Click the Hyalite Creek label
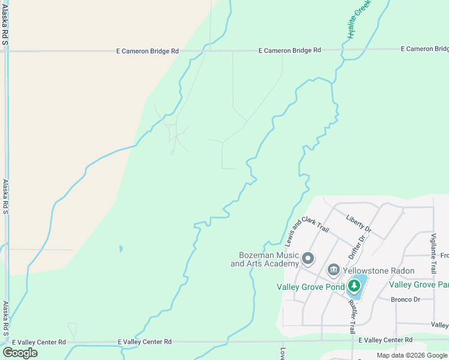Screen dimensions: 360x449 point(359,20)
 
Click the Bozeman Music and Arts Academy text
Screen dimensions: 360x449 point(265,259)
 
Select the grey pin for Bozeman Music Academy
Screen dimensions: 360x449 point(308,259)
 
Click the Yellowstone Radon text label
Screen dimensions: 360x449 point(378,271)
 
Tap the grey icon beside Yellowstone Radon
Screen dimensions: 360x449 point(333,271)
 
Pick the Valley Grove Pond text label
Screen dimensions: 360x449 point(310,287)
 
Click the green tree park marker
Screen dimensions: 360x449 point(354,286)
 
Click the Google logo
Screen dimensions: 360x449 point(20,353)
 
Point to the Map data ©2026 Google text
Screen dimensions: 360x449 point(412,355)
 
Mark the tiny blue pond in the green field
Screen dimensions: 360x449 point(121,248)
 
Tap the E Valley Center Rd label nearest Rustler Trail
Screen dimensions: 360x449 point(385,340)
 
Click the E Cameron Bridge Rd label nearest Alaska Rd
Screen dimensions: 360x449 point(147,52)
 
